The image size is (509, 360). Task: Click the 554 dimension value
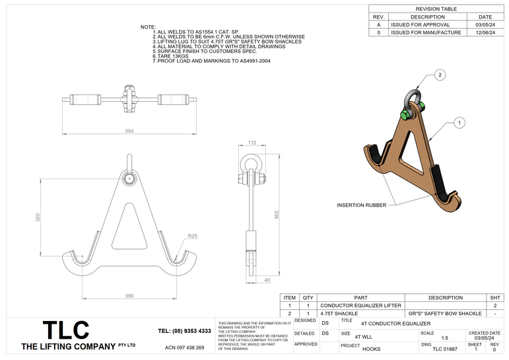click(129, 131)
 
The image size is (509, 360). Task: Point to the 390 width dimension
click(129, 296)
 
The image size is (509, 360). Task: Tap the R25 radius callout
click(191, 236)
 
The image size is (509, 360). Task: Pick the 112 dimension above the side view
click(252, 143)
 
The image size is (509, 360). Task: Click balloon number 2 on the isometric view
click(440, 76)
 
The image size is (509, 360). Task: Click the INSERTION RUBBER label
click(361, 205)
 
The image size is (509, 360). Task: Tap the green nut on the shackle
click(404, 116)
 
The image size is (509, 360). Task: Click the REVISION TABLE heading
click(436, 9)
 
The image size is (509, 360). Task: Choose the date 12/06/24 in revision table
click(485, 32)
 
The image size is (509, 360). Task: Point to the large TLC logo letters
click(65, 330)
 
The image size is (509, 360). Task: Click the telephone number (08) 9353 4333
click(185, 331)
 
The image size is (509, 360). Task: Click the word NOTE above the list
click(148, 27)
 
